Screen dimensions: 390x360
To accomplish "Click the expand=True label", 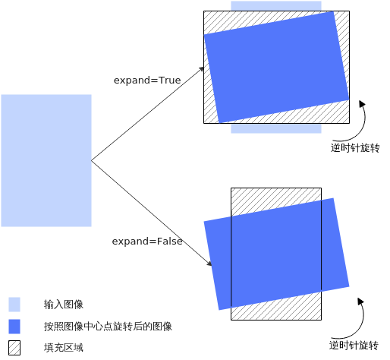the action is point(147,81).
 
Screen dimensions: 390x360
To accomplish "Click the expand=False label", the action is point(147,242).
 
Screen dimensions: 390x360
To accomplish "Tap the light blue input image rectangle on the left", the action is point(46,160).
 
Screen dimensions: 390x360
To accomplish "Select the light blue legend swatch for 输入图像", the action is point(14,305).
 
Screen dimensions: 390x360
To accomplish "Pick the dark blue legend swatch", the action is point(14,327).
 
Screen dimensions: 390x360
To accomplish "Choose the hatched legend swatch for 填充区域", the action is point(14,348).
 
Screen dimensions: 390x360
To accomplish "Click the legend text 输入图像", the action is point(64,305).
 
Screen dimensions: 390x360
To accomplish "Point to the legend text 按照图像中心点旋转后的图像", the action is point(108,327).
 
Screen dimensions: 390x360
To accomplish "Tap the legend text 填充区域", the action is point(64,348).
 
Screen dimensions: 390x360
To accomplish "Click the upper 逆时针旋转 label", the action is point(355,148).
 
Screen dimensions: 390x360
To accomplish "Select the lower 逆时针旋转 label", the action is point(354,346).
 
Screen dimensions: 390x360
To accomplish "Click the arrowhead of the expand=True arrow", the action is point(202,68).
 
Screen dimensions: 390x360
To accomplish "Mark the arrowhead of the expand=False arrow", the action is point(209,264).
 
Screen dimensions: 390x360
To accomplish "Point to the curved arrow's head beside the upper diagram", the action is point(362,103).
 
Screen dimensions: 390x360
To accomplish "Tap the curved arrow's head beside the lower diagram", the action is point(360,301).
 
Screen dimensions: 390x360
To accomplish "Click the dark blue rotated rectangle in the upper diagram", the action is point(276,68).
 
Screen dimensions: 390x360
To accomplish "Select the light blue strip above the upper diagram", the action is point(276,6).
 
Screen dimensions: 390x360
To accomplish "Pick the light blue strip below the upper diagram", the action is point(276,128).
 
